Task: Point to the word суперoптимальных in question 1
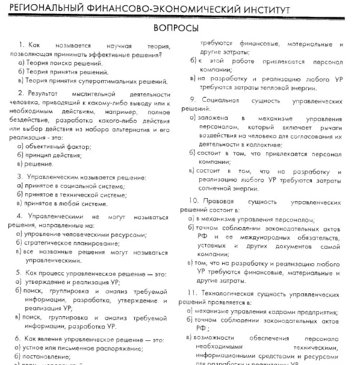113,81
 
